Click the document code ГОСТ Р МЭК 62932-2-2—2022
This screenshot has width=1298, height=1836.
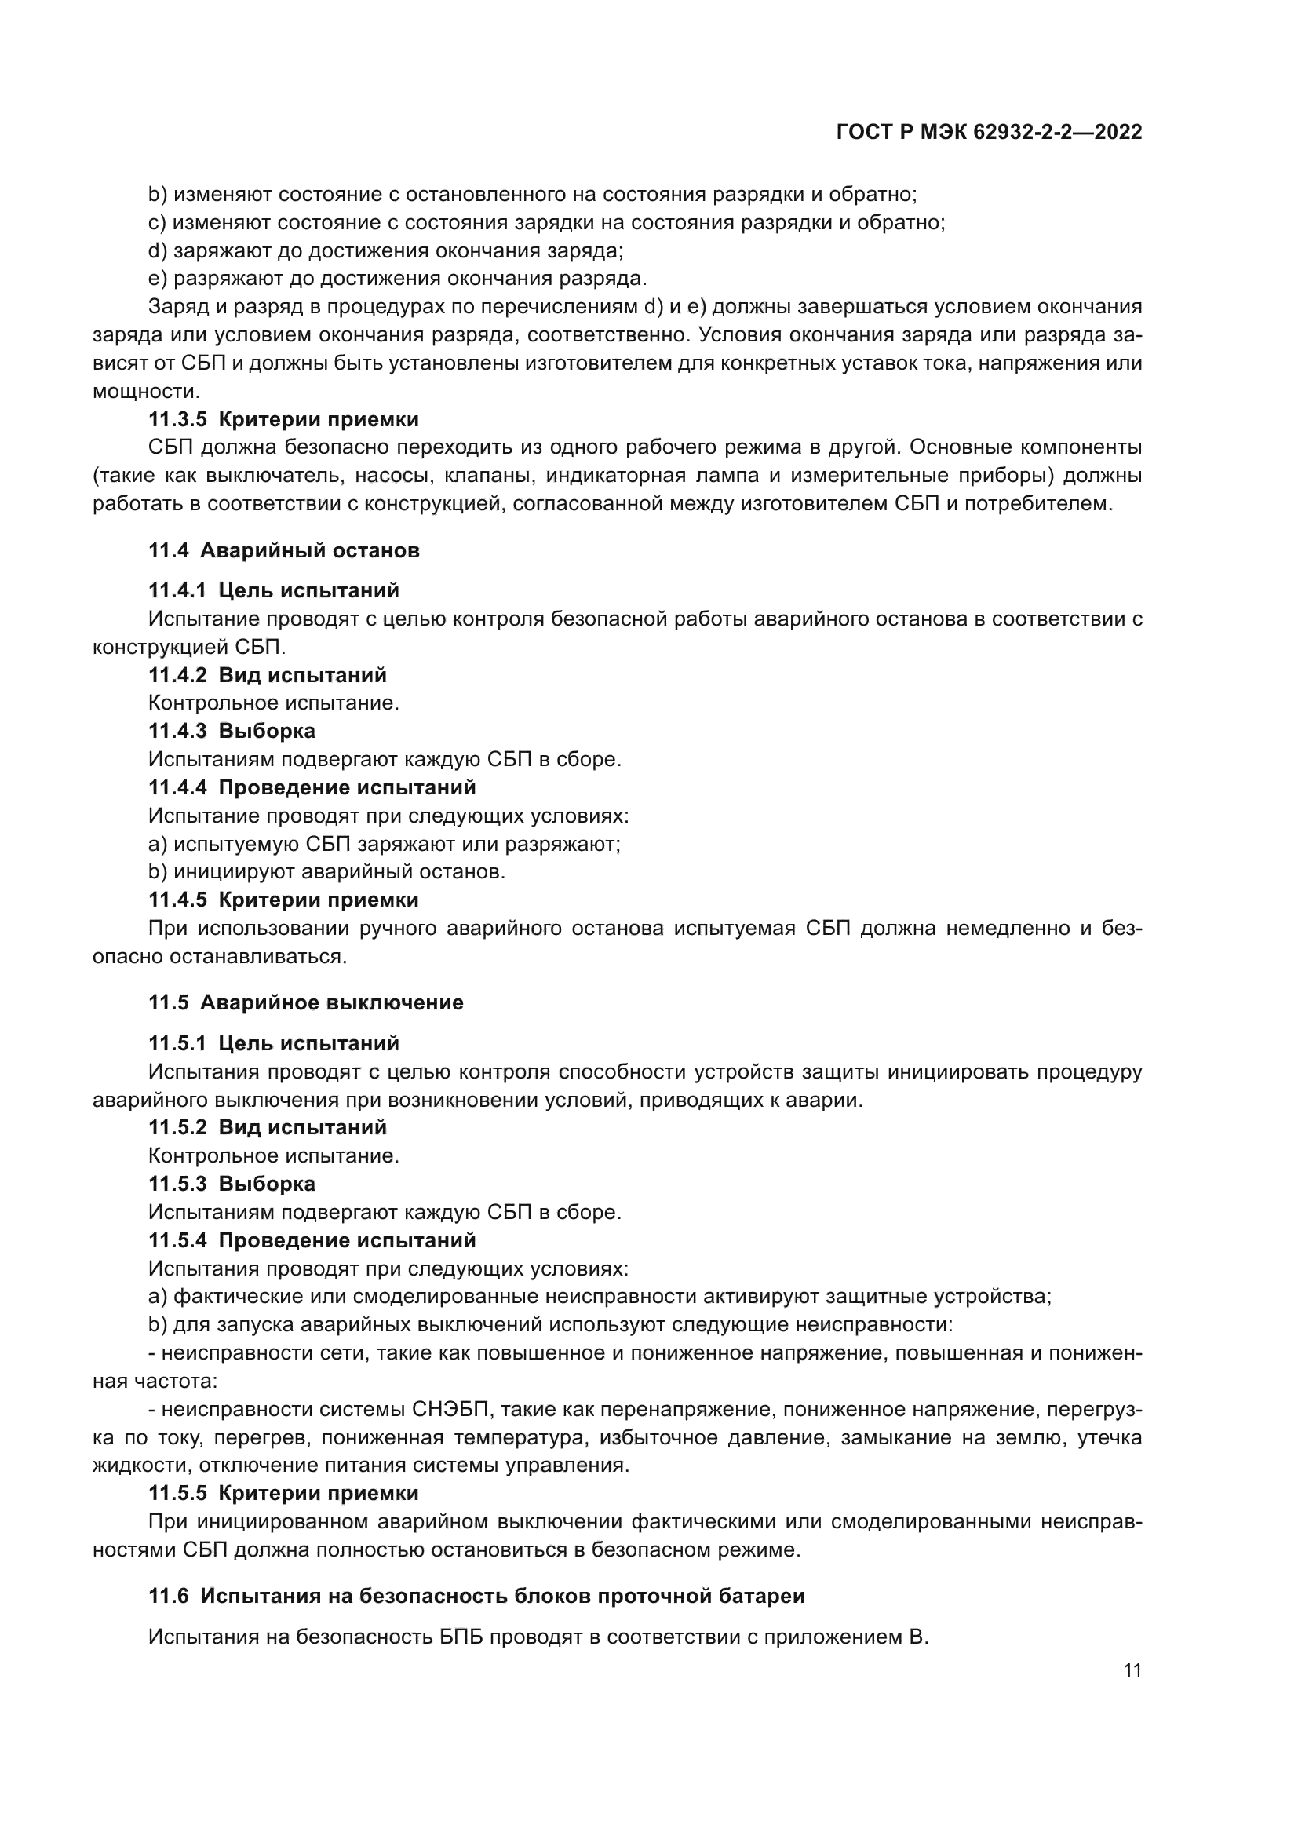tap(989, 133)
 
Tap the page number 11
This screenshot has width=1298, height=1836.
tap(1132, 1670)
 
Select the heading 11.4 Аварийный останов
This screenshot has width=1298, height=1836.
tap(284, 550)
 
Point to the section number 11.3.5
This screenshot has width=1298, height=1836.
tap(177, 419)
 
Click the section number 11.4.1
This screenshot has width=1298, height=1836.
tap(177, 591)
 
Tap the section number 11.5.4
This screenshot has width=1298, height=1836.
tap(177, 1240)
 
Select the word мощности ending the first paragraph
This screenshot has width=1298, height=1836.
tap(144, 391)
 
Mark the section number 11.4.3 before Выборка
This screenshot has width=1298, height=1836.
tap(177, 731)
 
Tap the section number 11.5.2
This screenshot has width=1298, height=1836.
tap(177, 1127)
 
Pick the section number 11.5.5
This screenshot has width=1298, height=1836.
tap(177, 1493)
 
